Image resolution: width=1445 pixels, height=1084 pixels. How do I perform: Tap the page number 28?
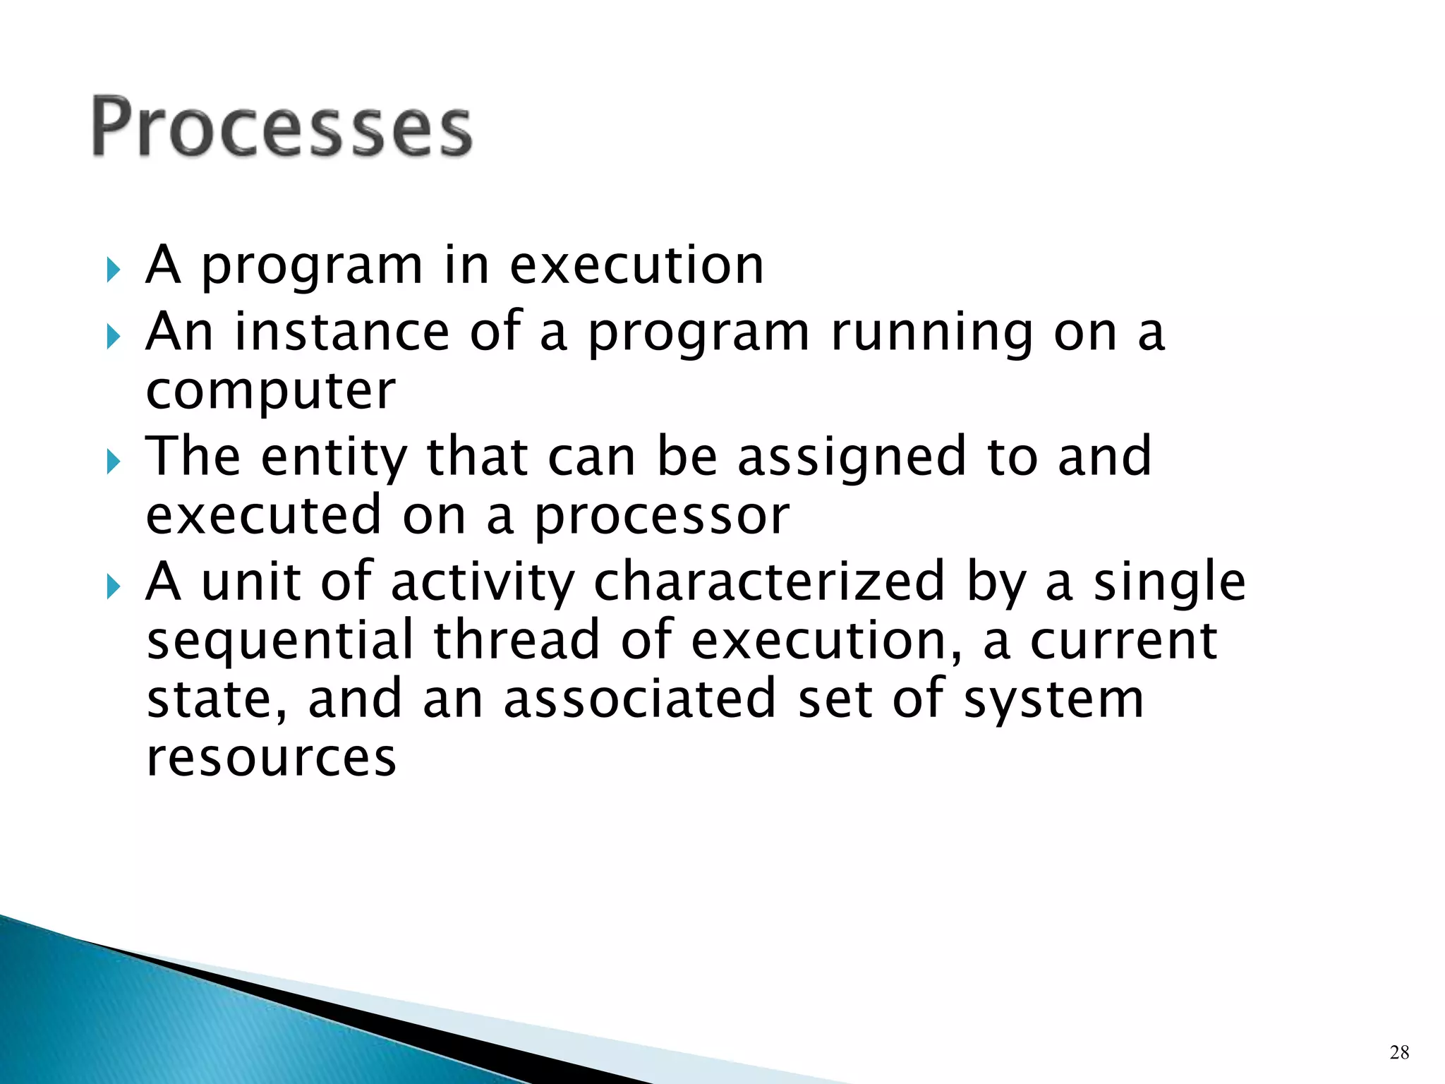1399,1053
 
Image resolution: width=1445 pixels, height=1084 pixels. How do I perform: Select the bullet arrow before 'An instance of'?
114,337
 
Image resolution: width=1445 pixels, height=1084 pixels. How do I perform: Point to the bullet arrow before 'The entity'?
114,462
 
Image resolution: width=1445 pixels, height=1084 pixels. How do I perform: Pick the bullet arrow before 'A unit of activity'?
114,586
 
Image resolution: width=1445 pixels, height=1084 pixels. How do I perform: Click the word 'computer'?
271,392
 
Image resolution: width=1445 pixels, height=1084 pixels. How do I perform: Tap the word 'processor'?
661,517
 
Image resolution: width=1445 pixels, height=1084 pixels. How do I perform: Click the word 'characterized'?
769,582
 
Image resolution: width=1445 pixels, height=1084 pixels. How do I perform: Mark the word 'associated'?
640,699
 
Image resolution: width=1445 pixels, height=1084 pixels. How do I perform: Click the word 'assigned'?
852,459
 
